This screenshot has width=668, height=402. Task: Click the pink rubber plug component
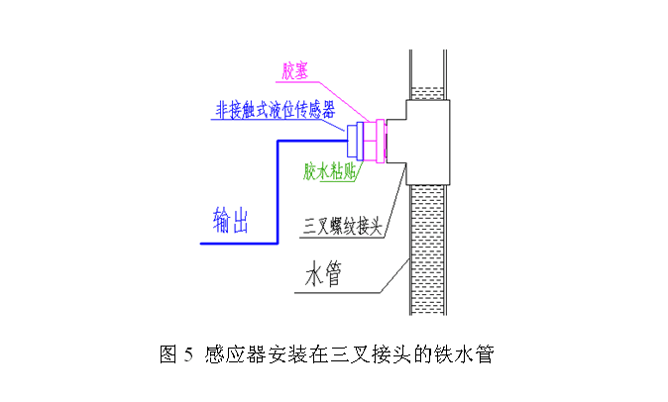[x=374, y=142]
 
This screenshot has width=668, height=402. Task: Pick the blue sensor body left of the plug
[x=354, y=142]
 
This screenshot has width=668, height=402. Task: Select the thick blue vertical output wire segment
[x=278, y=188]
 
